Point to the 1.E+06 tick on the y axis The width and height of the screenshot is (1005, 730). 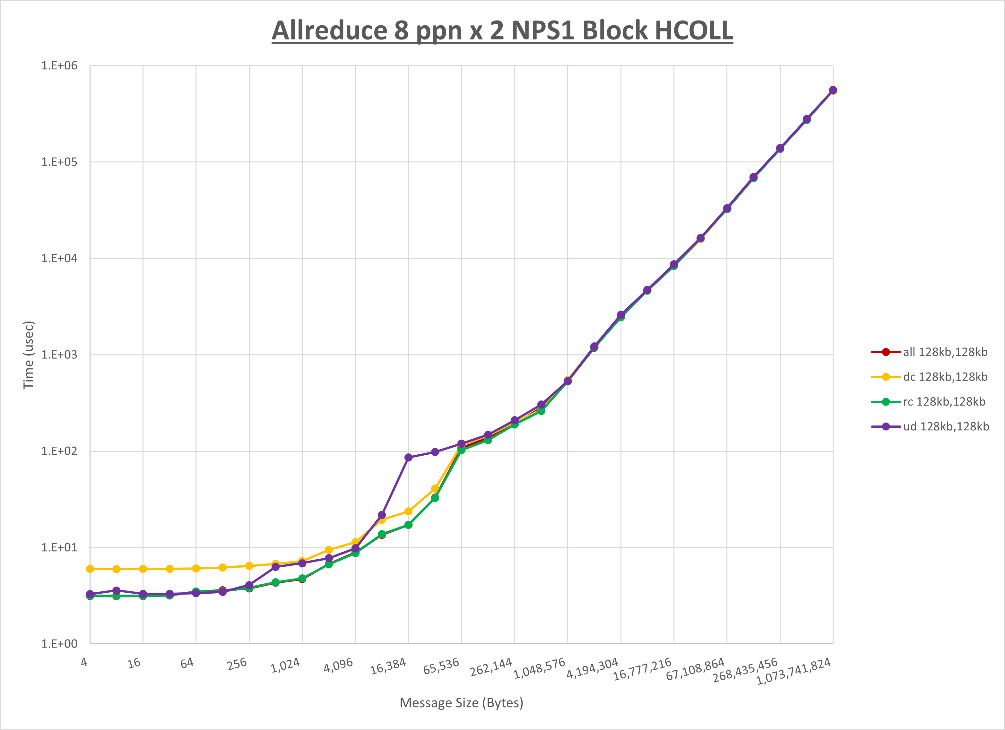click(59, 65)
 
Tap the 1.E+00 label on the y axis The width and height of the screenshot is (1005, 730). click(59, 644)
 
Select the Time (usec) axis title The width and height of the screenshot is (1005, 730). click(28, 355)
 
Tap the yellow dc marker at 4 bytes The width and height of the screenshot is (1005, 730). click(90, 569)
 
